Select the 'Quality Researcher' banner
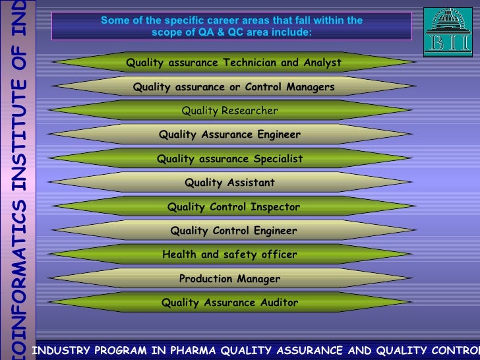pos(230,111)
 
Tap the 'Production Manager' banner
pos(230,279)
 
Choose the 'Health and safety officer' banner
pos(230,255)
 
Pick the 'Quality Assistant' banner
pos(230,183)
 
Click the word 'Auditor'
pos(275,303)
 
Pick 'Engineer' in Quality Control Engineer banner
pos(273,231)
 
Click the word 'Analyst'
pos(321,63)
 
